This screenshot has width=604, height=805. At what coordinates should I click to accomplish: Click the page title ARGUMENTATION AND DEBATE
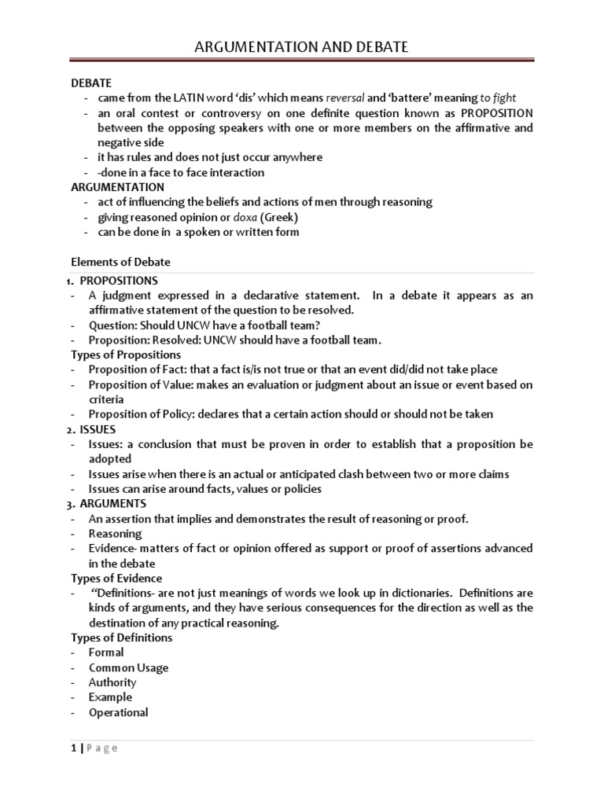(x=302, y=48)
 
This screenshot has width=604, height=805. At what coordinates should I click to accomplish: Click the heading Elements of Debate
(x=120, y=262)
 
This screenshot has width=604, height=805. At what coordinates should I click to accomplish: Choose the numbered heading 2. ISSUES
(x=97, y=429)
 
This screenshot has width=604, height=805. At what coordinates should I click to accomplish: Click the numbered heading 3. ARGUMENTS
(x=112, y=503)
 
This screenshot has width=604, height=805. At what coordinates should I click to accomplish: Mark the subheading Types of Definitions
(x=121, y=638)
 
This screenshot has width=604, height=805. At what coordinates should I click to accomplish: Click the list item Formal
(x=106, y=652)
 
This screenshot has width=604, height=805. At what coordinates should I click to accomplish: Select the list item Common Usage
(x=128, y=667)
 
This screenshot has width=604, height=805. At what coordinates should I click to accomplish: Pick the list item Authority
(x=112, y=682)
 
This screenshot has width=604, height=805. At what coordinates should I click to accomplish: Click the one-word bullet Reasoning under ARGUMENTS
(x=115, y=533)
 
